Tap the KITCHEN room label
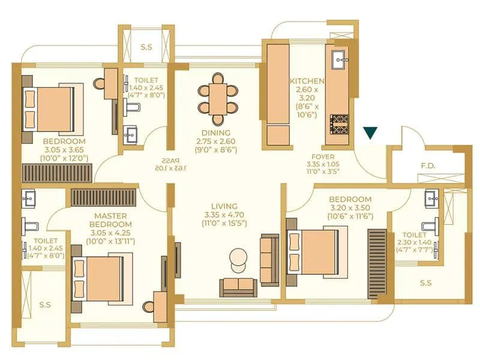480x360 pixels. click(x=307, y=81)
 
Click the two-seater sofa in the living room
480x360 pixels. click(x=238, y=286)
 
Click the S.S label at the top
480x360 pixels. click(x=146, y=46)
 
